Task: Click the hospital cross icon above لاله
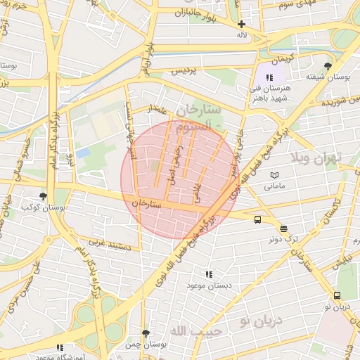coord(241,24)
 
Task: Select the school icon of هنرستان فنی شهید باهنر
coord(269,78)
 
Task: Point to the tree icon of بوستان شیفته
coord(328,66)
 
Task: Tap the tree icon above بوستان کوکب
coord(44,197)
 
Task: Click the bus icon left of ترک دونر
coord(257,219)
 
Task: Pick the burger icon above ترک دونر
coord(283,229)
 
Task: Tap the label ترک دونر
coord(283,238)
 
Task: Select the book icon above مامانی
coord(274,176)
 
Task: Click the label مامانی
coord(274,187)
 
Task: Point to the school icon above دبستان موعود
coord(208,274)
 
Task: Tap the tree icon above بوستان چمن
coord(146,333)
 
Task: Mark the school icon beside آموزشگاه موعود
coord(59,347)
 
